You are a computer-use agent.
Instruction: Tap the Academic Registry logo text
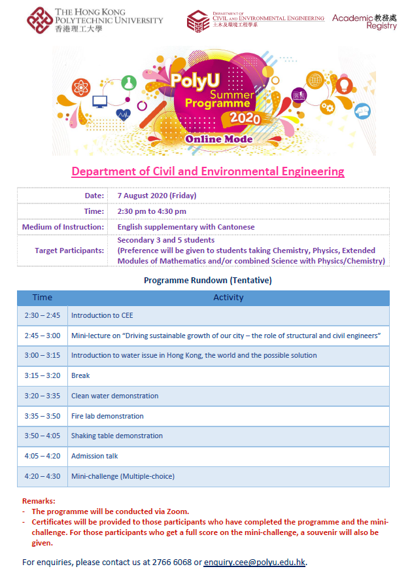[364, 22]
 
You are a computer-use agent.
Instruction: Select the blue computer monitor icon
[100, 101]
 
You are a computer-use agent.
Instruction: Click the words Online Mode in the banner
[218, 139]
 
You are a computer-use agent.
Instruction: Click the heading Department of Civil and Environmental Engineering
[207, 171]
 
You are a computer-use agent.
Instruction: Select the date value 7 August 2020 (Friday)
[157, 196]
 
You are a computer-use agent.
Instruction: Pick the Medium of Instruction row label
[63, 227]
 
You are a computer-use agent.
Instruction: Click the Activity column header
[228, 298]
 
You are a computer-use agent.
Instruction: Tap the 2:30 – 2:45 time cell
[42, 315]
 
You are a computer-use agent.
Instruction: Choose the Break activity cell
[80, 375]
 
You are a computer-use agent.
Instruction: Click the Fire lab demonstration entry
[107, 416]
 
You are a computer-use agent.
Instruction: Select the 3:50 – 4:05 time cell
[42, 436]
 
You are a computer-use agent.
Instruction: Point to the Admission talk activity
[95, 456]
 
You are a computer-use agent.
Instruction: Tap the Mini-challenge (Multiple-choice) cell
[123, 476]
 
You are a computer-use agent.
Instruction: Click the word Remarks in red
[39, 501]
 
